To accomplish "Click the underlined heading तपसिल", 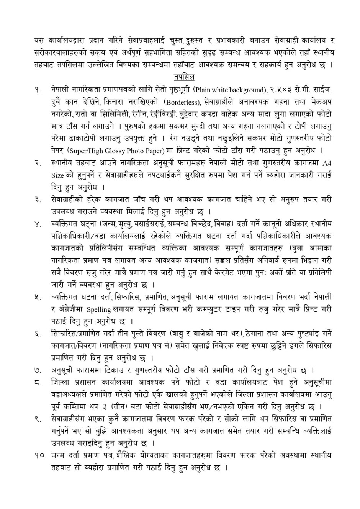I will point(184,77).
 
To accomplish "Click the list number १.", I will point(37,90).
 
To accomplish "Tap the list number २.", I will point(37,164).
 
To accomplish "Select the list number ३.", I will point(37,200).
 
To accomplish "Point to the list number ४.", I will point(37,224).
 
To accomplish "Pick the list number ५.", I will point(37,297).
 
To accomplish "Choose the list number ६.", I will point(37,334).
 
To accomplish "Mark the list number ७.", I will point(37,370).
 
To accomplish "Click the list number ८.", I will point(37,383).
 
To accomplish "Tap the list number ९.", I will point(37,419).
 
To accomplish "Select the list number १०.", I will point(39,456).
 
